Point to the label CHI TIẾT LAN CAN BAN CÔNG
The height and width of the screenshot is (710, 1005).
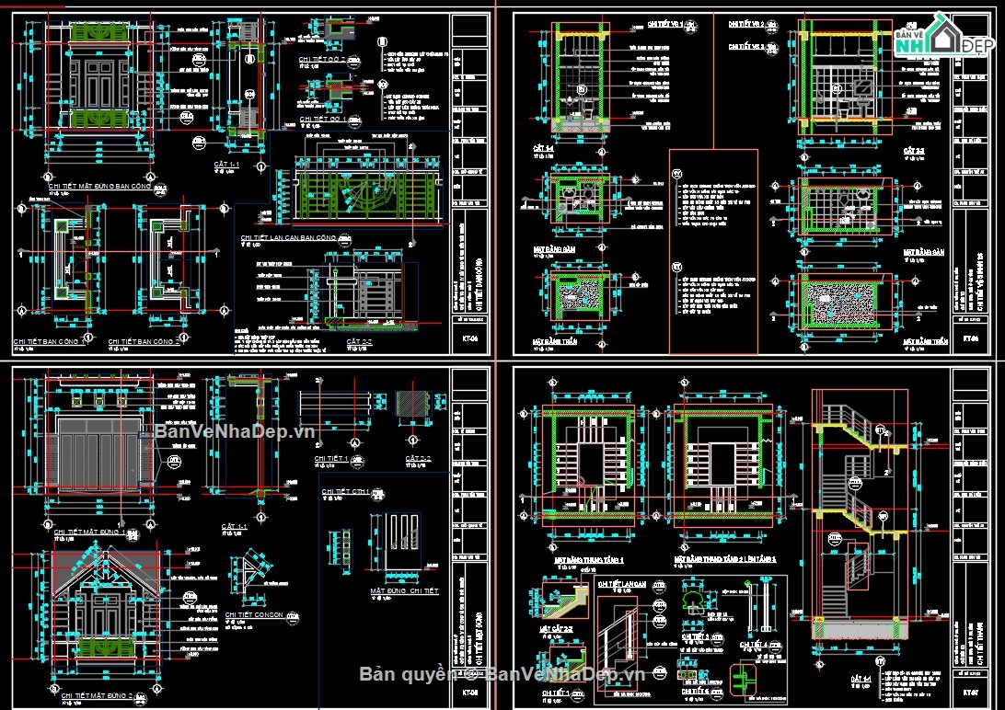(x=288, y=237)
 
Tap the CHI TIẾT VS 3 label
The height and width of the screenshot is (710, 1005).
(x=747, y=45)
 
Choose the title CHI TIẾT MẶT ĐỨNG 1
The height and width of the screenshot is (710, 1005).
(x=90, y=532)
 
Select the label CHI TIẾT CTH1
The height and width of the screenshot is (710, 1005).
(x=345, y=492)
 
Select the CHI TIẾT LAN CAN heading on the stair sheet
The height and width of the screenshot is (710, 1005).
(x=619, y=583)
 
